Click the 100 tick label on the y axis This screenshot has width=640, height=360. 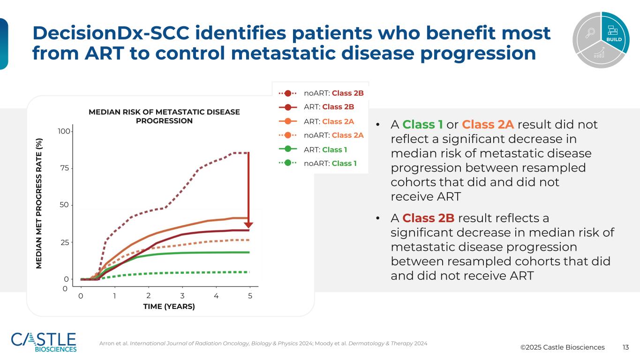point(63,131)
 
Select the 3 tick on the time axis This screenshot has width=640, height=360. point(182,296)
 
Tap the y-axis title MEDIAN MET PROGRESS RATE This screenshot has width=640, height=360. point(40,203)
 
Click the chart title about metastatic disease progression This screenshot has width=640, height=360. point(164,116)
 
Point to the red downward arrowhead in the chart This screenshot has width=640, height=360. point(248,225)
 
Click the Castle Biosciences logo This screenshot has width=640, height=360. point(44,342)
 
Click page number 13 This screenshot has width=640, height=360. point(625,347)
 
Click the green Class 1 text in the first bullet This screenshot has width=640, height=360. point(422,125)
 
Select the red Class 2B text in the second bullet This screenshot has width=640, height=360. point(428,218)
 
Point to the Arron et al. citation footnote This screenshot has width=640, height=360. point(263,344)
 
